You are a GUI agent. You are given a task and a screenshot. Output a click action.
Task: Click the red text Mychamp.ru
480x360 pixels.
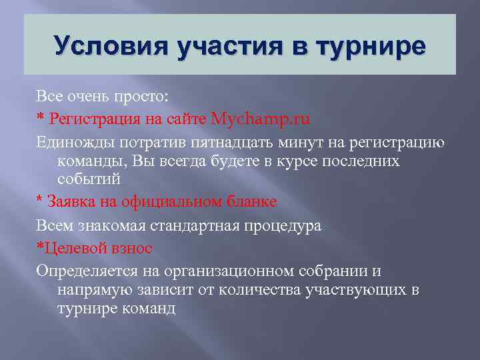[x=261, y=119]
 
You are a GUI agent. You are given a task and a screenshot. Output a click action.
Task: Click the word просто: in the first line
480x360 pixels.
[x=146, y=97]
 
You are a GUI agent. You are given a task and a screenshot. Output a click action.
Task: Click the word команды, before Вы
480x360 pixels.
[x=93, y=161]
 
